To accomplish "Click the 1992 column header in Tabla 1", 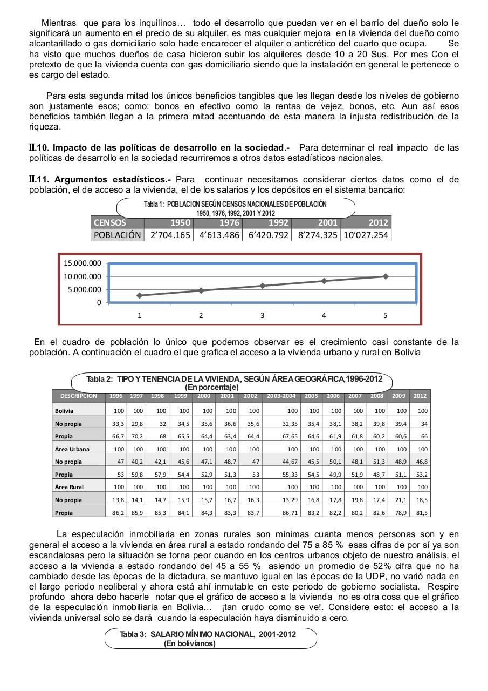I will (278, 222).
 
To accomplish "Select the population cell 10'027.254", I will (366, 235).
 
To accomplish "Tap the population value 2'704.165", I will (168, 235).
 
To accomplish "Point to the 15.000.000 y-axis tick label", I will (82, 263).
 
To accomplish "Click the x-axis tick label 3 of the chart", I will (262, 315).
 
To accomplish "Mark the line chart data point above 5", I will (385, 276).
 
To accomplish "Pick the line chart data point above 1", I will (140, 295).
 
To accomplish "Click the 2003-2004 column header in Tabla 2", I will (281, 396).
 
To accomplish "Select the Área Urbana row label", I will (72, 449).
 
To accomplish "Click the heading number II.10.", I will (39, 147).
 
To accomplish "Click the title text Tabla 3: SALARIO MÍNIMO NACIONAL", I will (208, 634).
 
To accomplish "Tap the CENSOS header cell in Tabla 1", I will (110, 222).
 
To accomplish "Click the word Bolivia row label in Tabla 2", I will (64, 411).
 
